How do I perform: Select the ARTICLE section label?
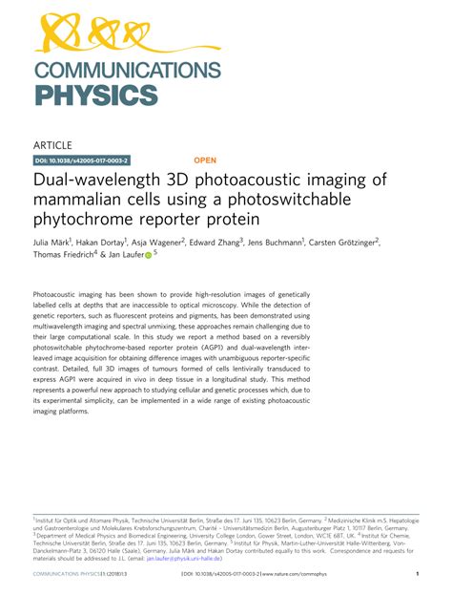54,145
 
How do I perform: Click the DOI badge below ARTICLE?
82,161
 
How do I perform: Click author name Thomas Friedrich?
64,255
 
